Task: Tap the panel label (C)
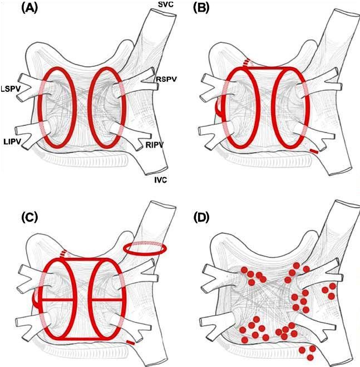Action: click(x=29, y=218)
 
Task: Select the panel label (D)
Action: click(x=201, y=218)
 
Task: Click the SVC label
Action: click(x=166, y=4)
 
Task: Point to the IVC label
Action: click(x=160, y=180)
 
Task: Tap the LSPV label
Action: click(x=11, y=89)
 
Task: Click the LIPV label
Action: click(x=12, y=141)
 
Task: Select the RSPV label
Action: click(x=166, y=79)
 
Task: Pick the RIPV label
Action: click(x=154, y=145)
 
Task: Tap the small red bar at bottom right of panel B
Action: click(x=314, y=151)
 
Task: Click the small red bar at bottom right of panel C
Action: click(x=131, y=342)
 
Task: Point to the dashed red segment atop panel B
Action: click(x=246, y=63)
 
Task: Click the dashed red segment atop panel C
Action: click(x=63, y=254)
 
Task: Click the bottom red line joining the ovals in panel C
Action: click(x=83, y=339)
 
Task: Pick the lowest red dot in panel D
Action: click(x=310, y=358)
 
